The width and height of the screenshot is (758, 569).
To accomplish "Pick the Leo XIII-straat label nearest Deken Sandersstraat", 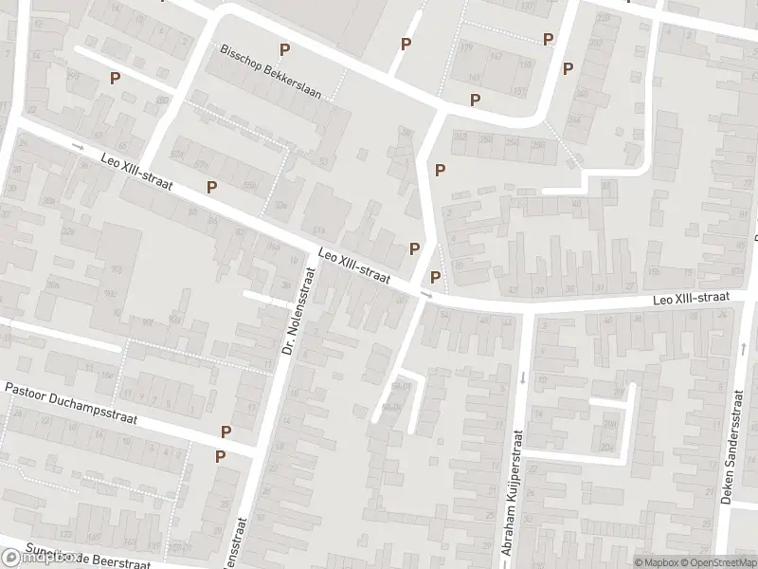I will (690, 299).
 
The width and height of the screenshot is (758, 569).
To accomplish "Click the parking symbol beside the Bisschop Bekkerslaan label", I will (283, 49).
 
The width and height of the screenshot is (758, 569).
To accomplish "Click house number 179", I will (464, 46).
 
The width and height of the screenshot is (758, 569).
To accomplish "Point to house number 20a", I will (621, 390).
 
